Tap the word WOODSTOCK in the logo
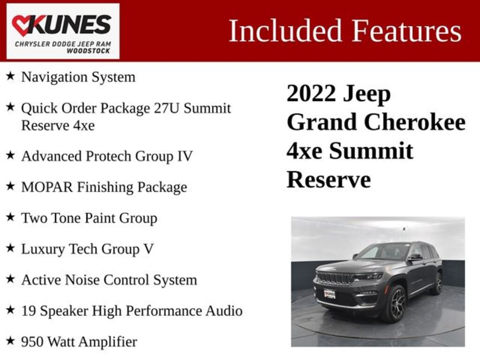[x=89, y=51]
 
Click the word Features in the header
[x=406, y=31]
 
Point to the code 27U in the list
[x=166, y=108]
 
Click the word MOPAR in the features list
[x=47, y=187]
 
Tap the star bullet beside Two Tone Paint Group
[x=10, y=217]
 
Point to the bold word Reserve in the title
[x=328, y=180]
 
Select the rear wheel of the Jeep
[x=437, y=283]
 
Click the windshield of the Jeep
[x=383, y=252]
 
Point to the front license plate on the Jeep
[x=329, y=294]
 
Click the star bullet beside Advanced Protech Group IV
[x=10, y=155]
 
